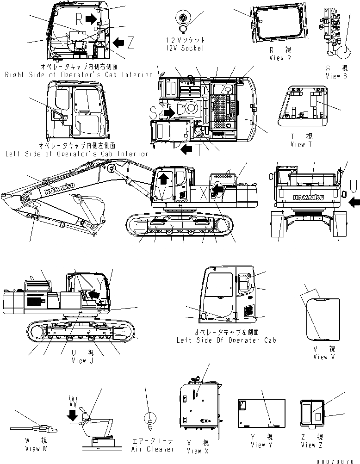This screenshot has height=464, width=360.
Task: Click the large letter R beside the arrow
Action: [80, 19]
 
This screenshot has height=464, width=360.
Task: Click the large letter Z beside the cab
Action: [131, 43]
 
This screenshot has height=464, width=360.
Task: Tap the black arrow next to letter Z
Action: [118, 43]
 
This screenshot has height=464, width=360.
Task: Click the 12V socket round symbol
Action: [184, 19]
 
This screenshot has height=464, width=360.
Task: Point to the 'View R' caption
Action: [280, 58]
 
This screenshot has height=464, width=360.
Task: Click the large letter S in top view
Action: [154, 111]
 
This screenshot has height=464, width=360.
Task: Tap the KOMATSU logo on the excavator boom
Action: [58, 190]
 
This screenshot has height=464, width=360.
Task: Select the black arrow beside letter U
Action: [353, 202]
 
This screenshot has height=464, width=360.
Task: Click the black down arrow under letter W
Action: [73, 416]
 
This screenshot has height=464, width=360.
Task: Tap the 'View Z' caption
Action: [312, 445]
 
